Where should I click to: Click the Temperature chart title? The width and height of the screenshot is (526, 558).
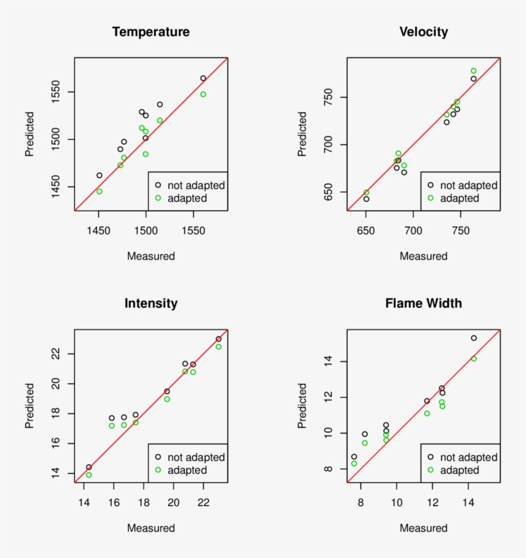(x=151, y=32)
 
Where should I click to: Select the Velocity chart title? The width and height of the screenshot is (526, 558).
(x=423, y=32)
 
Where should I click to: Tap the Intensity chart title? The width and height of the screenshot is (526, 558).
(x=151, y=304)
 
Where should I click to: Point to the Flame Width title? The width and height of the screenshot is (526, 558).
(x=423, y=304)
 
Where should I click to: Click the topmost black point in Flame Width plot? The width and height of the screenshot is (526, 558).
(x=473, y=338)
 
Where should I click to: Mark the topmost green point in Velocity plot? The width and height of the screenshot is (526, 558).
(x=473, y=71)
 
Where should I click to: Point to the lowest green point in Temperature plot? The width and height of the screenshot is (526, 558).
(x=99, y=192)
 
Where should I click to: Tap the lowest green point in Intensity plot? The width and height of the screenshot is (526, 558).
(x=89, y=475)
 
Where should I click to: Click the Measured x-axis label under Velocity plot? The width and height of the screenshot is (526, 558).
(x=423, y=256)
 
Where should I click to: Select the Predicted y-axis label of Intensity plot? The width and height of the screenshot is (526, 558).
(x=30, y=406)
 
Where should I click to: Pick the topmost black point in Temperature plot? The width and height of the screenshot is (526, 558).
(x=203, y=78)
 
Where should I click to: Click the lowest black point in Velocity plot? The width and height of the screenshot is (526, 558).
(x=366, y=199)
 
